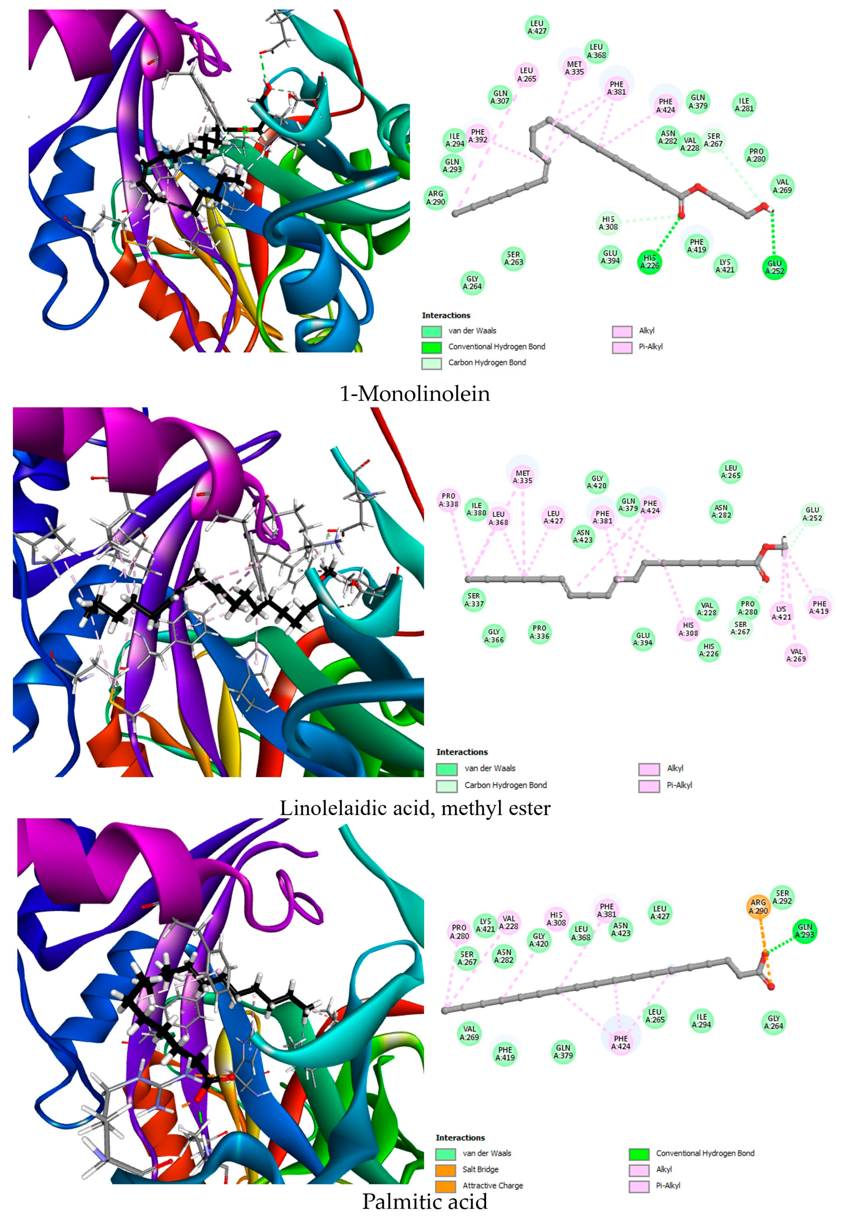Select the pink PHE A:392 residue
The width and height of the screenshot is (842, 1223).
coord(477,136)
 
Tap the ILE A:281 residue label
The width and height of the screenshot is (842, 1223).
coord(744,104)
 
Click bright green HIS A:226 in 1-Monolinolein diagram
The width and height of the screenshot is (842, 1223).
coord(649,262)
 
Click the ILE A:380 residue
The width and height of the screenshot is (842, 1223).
coord(476,509)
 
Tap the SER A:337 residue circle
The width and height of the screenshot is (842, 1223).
coord(474,600)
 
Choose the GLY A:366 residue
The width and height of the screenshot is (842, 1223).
coord(494,636)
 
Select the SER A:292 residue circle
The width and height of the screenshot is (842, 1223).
coord(782,897)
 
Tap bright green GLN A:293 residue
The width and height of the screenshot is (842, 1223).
coord(805,931)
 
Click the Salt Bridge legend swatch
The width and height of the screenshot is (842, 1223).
coord(445,1170)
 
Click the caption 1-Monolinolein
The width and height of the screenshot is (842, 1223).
coord(415,394)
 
